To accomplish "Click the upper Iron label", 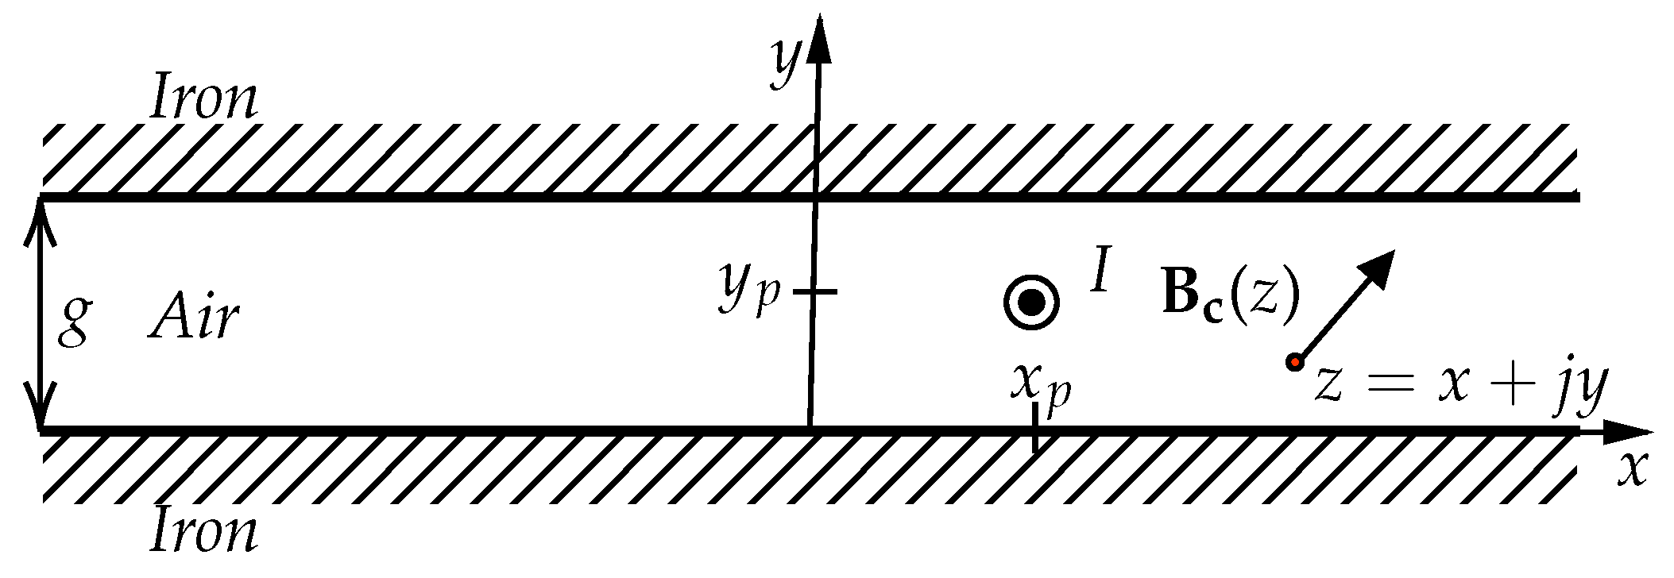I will tap(204, 98).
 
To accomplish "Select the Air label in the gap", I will tap(194, 318).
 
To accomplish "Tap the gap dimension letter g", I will tap(74, 321).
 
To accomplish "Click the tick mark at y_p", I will tap(814, 291).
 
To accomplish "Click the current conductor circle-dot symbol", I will tap(1031, 302).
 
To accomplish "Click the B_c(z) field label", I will tap(1230, 294).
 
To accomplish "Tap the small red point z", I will tap(1294, 363).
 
